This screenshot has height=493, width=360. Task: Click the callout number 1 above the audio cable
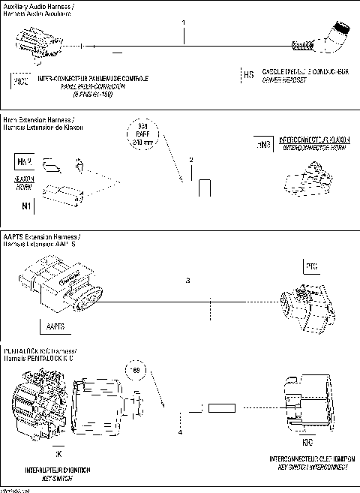pos(184,23)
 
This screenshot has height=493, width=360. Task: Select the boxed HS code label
pos(248,74)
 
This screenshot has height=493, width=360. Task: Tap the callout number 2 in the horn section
pos(191,160)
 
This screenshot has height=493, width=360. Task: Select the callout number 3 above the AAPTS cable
pos(188,281)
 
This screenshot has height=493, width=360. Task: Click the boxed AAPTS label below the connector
pos(55,327)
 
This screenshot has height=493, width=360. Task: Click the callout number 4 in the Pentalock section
pos(180,432)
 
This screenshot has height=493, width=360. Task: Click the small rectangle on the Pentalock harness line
pos(222,409)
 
